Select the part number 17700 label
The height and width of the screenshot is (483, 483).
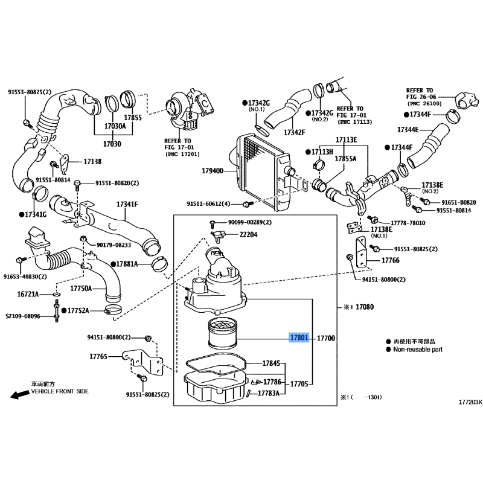[326, 339]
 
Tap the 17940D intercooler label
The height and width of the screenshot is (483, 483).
[213, 171]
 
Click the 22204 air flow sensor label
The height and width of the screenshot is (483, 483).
[248, 235]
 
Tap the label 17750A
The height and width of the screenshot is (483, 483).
[82, 289]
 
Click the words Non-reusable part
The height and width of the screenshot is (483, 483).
[419, 349]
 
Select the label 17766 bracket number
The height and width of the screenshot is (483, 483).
[390, 260]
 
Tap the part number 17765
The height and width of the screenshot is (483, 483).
[98, 357]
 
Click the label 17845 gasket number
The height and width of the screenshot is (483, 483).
[272, 363]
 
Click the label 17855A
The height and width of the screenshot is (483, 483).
[346, 158]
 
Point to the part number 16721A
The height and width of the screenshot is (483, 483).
[28, 293]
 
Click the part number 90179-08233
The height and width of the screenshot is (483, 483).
[114, 245]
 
